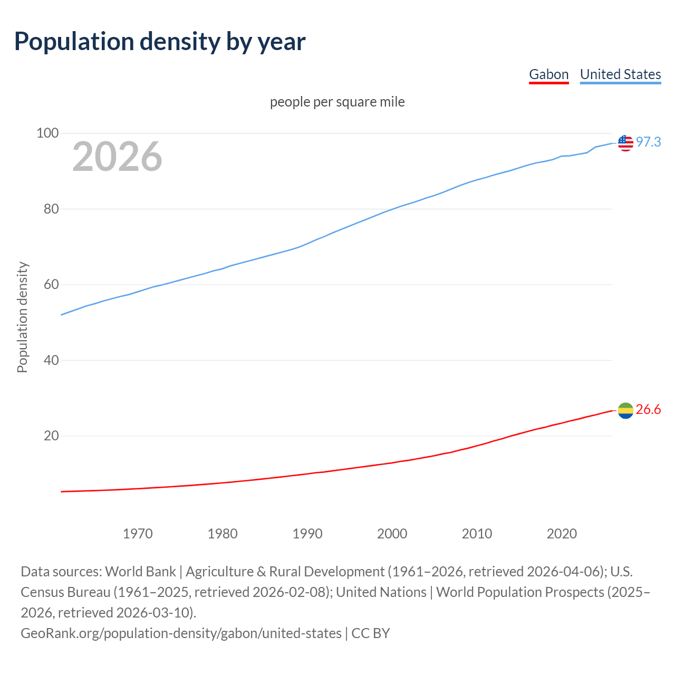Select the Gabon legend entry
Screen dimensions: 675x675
point(548,74)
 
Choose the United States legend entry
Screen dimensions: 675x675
point(620,74)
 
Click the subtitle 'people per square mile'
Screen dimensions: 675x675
point(337,102)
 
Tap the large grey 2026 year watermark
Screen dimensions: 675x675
point(117,157)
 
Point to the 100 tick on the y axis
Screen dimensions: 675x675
point(47,133)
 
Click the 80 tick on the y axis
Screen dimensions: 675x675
point(51,209)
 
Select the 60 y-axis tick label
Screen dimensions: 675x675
point(51,285)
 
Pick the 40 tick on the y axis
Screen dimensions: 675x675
point(51,360)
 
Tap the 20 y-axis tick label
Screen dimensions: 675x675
point(51,436)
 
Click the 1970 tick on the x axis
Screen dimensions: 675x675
point(138,534)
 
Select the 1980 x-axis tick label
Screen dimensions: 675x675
point(223,534)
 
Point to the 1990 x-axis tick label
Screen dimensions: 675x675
point(307,534)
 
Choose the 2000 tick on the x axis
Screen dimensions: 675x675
point(392,534)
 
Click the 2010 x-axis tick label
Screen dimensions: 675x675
point(477,534)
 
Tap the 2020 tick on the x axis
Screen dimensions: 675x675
point(562,534)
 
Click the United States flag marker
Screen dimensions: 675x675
point(625,142)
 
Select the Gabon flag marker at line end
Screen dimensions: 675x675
point(625,410)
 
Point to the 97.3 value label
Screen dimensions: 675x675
point(648,142)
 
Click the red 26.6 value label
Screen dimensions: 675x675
point(648,410)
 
